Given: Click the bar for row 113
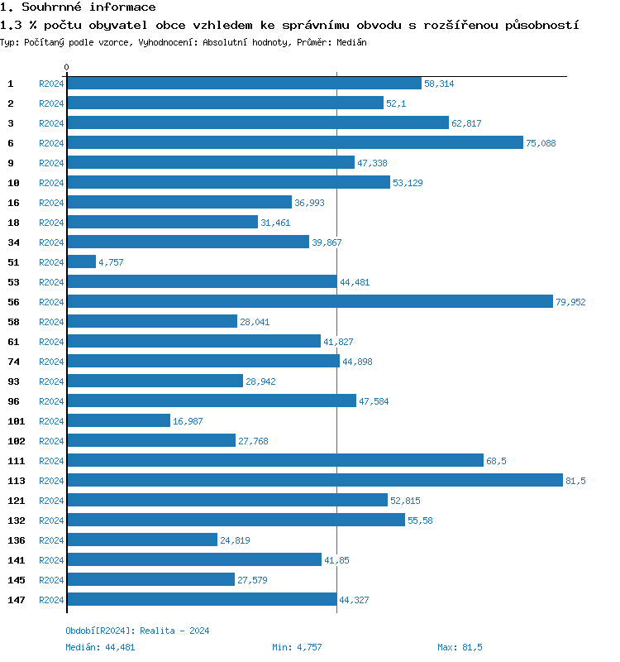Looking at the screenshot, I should coord(314,481).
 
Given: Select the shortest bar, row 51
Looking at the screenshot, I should coord(81,262).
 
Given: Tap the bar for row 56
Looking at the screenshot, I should coord(309,302).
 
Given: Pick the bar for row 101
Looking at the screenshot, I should coord(118,421).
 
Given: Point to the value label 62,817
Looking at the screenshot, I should coord(466,123).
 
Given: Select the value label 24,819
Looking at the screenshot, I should coord(235,540).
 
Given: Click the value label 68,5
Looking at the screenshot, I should coord(496,461).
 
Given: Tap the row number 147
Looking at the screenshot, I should coord(16,600).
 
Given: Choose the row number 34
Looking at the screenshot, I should coord(13,242).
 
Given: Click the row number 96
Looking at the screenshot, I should coord(13,401).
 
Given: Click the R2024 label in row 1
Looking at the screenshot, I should coord(51,84).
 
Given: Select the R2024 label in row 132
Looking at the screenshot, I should coord(51,520).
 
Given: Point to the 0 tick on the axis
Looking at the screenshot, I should coord(67,67).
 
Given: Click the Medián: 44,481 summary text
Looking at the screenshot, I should coord(100,647).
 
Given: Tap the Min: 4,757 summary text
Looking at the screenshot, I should coord(297,647).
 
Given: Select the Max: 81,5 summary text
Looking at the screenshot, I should coord(460,647).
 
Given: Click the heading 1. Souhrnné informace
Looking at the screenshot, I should coord(79,7).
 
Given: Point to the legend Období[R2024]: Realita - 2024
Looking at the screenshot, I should coord(137,631).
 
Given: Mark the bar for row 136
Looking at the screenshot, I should coord(141,540).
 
